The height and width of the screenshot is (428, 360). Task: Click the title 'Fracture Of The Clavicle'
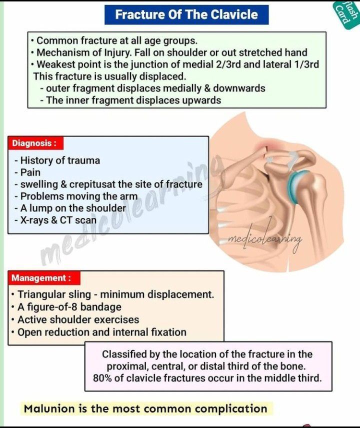pos(186,14)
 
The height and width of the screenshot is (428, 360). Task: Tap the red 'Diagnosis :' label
pos(34,143)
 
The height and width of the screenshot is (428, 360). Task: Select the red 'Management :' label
pos(41,278)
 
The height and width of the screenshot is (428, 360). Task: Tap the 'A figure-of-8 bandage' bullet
pos(69,307)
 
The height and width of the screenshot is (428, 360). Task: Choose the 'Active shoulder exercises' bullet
pos(78,319)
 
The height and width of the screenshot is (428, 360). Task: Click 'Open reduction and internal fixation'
pos(102,332)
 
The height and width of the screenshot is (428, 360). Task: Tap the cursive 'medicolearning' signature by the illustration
pos(265,239)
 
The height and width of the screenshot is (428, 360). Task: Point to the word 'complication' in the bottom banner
pos(230,408)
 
